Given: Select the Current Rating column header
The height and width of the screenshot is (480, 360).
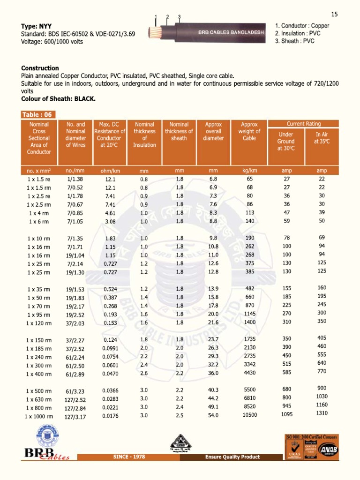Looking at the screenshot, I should (304, 124).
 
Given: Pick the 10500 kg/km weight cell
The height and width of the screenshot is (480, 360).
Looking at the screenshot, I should (249, 415).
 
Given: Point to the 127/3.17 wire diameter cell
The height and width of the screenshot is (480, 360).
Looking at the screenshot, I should (75, 416).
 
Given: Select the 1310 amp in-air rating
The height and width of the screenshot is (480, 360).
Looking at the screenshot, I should (322, 413).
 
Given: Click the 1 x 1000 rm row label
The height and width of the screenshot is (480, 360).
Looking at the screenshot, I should (38, 416).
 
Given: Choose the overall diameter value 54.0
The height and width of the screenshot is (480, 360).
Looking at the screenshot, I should (213, 415).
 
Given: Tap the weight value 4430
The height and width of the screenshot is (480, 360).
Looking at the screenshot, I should (250, 373).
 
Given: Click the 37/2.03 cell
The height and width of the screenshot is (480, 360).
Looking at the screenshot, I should (75, 323).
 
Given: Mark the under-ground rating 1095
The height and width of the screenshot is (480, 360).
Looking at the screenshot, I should (287, 414).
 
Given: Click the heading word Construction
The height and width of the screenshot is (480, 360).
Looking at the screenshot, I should (40, 68).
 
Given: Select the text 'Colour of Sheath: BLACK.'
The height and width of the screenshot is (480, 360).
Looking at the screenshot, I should (59, 99).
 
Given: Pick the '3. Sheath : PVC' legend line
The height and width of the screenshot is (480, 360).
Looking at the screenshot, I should (295, 41).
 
